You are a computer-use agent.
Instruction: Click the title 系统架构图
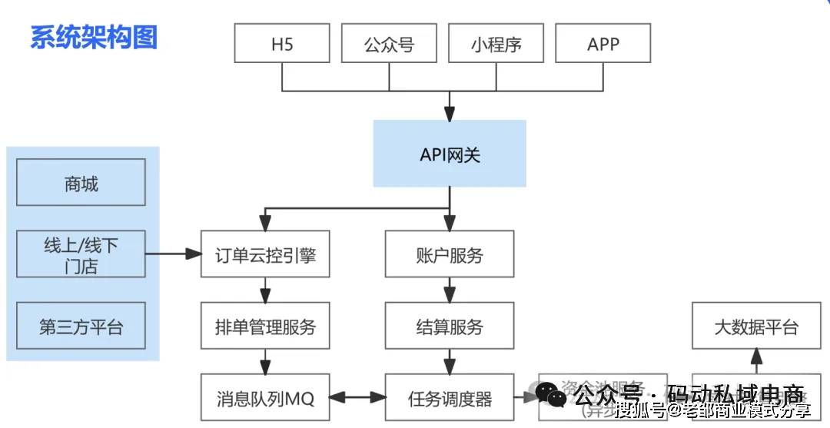pos(94,37)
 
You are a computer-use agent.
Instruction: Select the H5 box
pos(282,43)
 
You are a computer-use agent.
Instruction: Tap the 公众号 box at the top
pos(389,43)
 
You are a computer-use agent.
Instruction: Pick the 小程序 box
pos(496,43)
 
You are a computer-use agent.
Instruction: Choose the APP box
pos(603,43)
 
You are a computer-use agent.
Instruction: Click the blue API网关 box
pos(450,154)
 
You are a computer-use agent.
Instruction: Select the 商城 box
pos(81,183)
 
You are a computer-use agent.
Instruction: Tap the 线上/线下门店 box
pos(81,255)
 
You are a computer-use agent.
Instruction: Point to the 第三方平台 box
pos(81,327)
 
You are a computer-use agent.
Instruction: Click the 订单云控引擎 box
pos(265,254)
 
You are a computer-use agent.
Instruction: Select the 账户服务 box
pos(450,254)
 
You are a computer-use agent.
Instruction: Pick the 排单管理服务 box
pos(265,327)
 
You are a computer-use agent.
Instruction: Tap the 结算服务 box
pos(450,327)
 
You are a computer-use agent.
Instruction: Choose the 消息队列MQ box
pos(265,398)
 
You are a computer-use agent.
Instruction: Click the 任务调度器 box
pos(450,398)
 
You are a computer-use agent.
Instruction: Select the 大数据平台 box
pos(756,327)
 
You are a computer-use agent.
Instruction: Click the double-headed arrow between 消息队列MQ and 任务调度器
pos(357,398)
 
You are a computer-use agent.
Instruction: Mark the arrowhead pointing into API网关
pos(450,112)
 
